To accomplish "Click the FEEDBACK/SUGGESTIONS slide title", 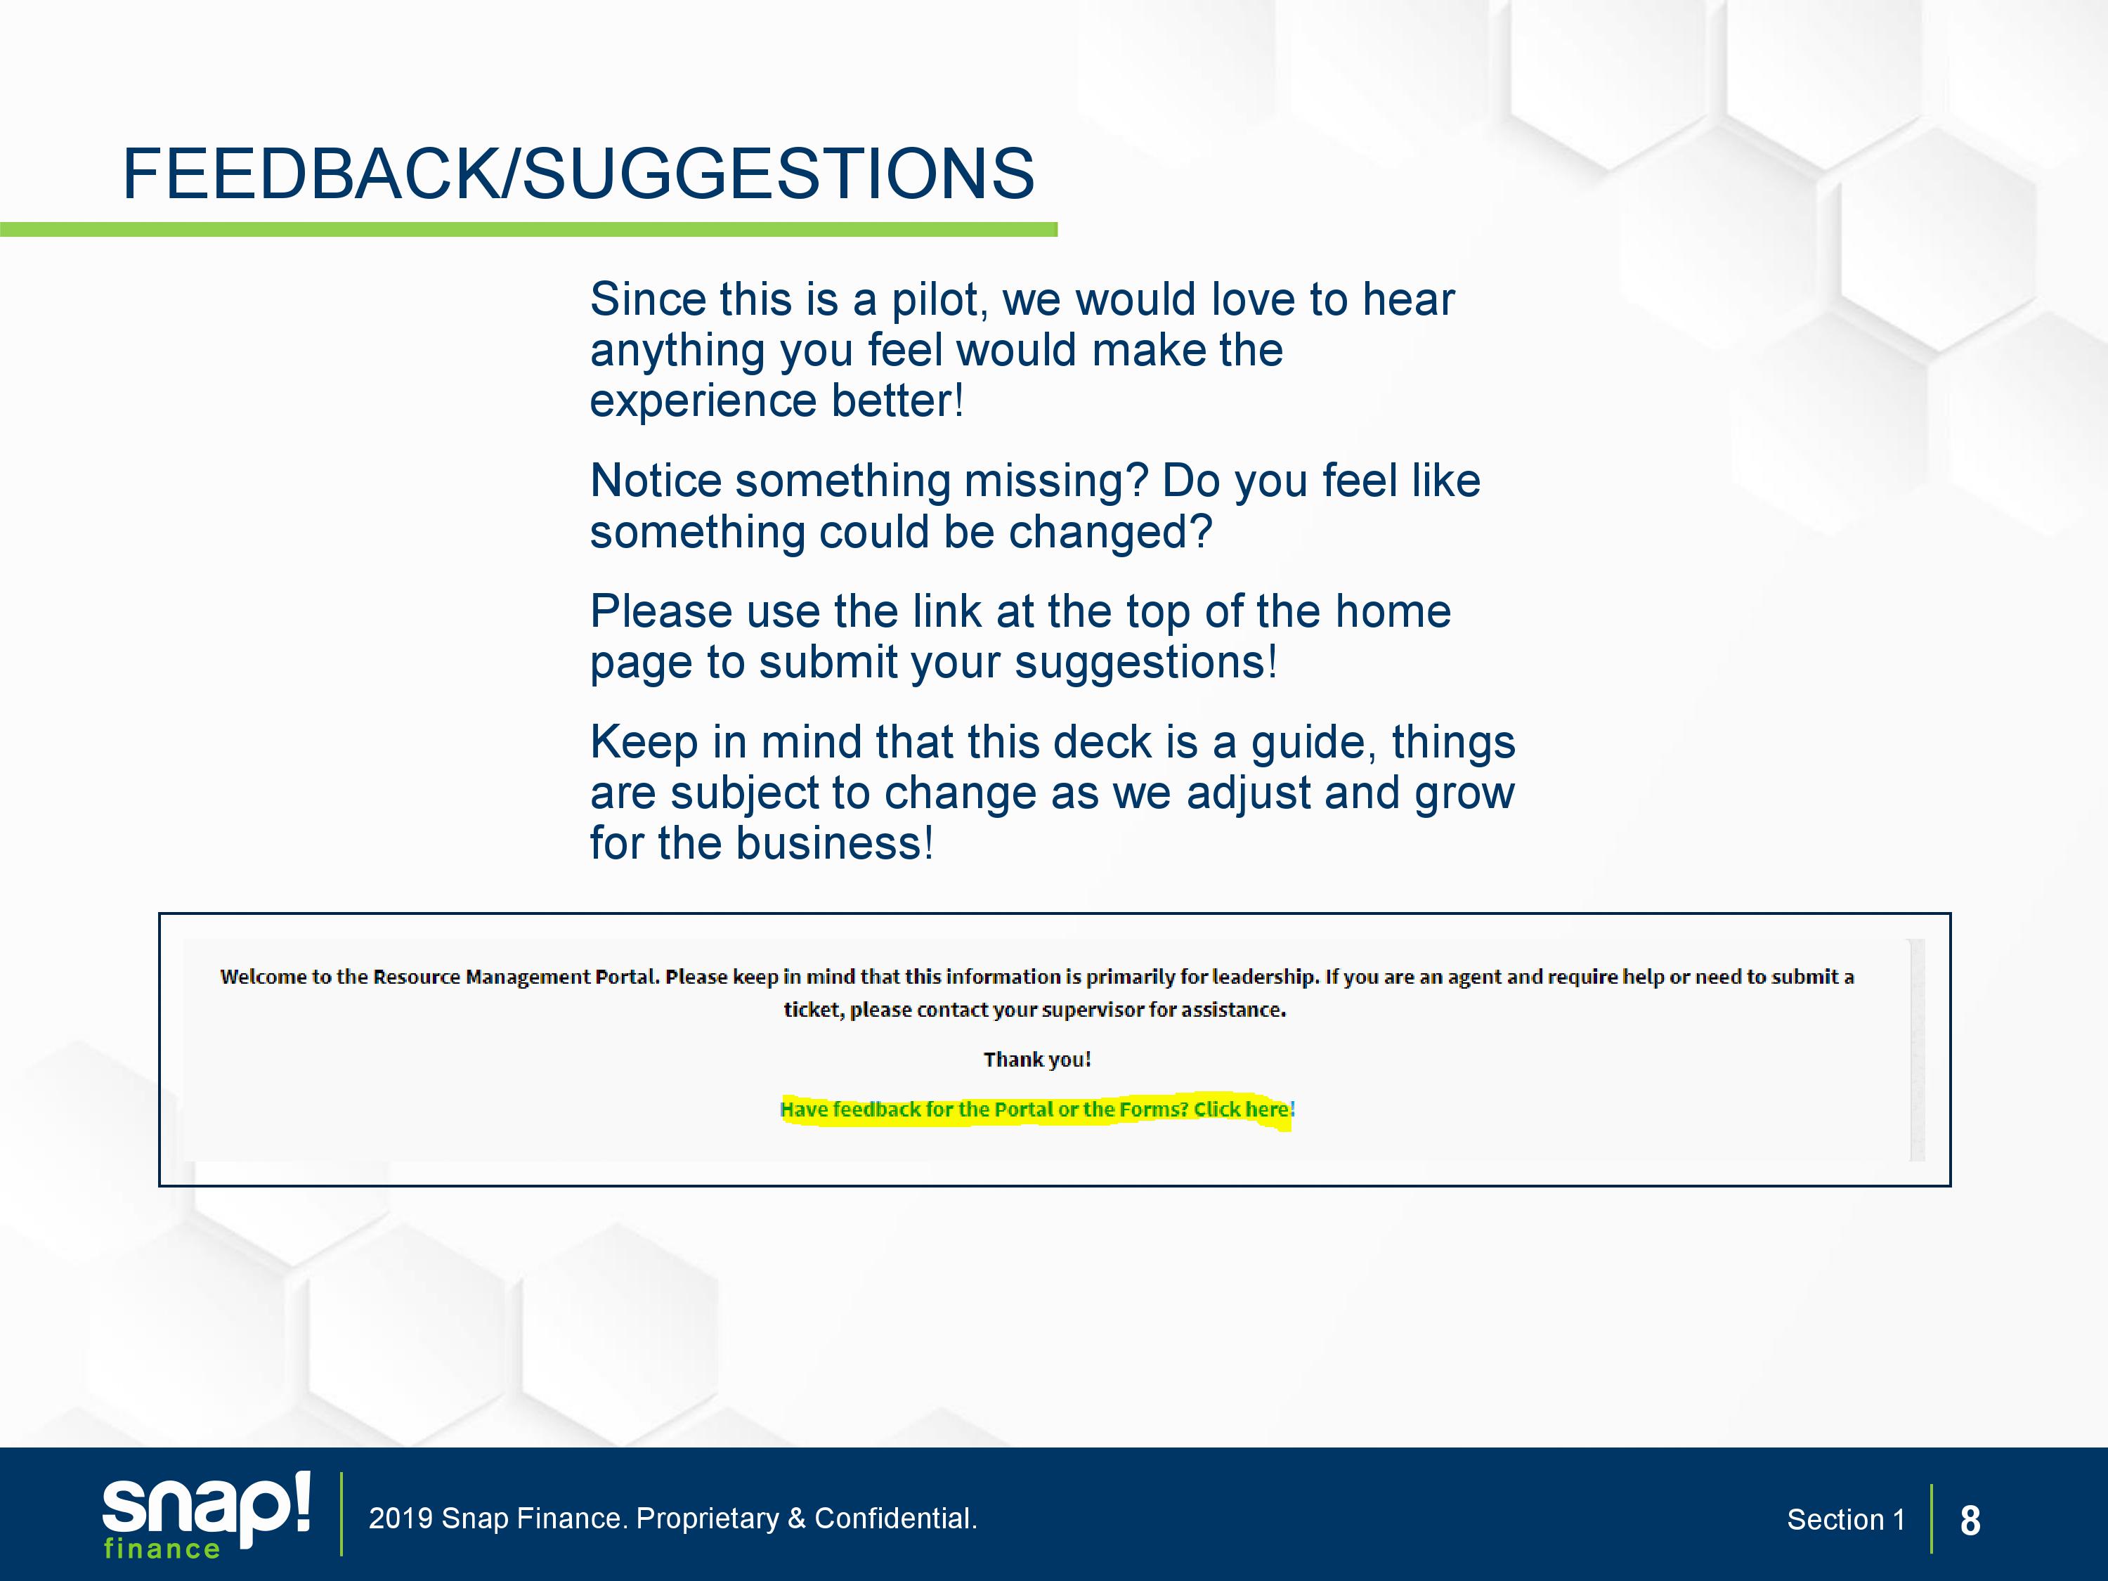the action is [x=578, y=174].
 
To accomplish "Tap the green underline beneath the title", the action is [x=529, y=230].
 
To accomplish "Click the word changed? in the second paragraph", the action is [x=1110, y=532].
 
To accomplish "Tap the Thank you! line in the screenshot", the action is [x=1037, y=1060].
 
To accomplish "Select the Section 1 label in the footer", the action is [x=1845, y=1520].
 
